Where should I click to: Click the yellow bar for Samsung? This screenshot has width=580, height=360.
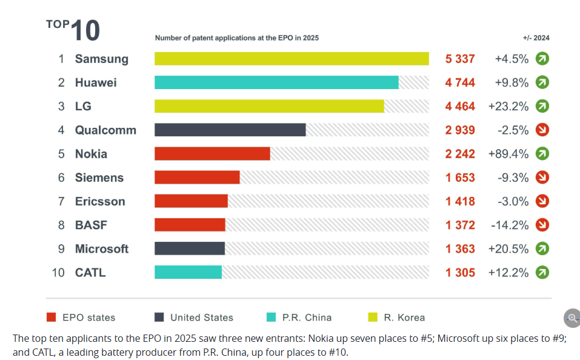point(292,59)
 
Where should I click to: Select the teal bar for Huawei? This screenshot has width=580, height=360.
point(276,82)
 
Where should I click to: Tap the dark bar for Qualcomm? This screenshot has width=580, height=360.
point(230,130)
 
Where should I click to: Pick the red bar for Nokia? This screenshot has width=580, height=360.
point(212,153)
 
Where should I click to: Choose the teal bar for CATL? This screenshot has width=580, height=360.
point(188,272)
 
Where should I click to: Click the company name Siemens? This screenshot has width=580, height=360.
point(99,178)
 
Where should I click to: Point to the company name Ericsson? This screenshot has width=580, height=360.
point(100,201)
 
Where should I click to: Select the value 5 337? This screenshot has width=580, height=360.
point(460,59)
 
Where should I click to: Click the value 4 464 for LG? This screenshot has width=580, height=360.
point(460,106)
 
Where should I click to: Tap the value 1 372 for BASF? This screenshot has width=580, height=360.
point(460,225)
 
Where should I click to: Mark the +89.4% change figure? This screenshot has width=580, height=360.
point(508,153)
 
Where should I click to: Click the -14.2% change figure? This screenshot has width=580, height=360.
point(510,225)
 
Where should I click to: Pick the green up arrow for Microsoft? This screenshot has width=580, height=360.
point(542,248)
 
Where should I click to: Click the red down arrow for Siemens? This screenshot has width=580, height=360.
point(542,178)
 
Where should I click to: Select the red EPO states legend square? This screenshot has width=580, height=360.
point(52,317)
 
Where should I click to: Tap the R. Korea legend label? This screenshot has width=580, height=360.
point(404,317)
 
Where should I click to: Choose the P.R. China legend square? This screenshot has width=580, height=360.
point(271,317)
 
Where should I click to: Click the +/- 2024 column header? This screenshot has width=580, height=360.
point(536,38)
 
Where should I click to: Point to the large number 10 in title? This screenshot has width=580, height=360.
point(85,31)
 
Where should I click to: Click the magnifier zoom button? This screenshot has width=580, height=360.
point(572,318)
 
